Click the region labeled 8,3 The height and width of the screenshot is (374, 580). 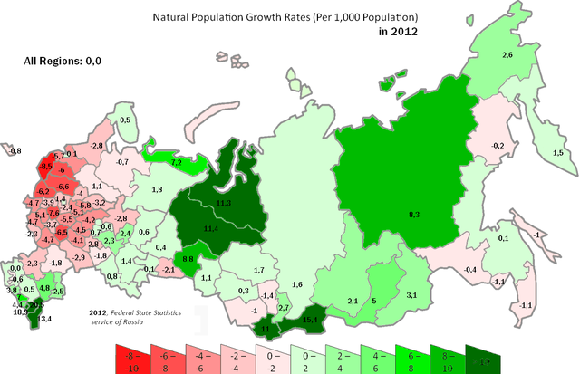point(412,214)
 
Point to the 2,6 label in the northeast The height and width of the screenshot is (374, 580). point(508,56)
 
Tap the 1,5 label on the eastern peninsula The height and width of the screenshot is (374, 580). point(558,154)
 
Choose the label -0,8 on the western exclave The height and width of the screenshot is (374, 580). point(14,151)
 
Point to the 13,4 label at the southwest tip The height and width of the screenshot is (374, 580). point(43,319)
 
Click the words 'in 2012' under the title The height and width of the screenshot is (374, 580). point(399,31)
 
